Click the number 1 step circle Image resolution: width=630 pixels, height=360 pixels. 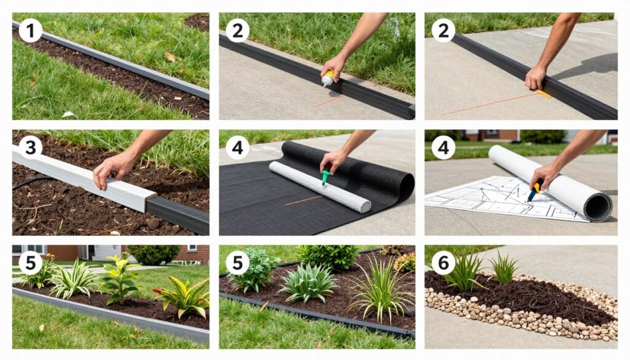[30, 30]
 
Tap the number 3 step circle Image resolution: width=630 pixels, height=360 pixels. [30, 146]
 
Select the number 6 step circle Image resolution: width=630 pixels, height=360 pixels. [442, 263]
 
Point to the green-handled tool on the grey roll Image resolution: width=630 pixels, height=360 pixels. [325, 177]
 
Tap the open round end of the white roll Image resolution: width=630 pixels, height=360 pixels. [597, 207]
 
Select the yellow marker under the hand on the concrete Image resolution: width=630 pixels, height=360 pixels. [543, 94]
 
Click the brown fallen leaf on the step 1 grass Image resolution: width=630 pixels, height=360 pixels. [169, 57]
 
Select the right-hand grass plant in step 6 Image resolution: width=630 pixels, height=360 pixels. [503, 269]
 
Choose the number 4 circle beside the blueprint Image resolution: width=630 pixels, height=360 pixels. [442, 146]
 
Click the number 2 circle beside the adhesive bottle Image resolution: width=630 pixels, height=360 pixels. [237, 30]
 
